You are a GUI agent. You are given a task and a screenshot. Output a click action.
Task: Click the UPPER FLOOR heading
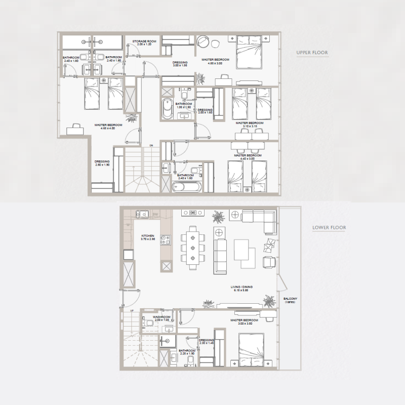pos(312,53)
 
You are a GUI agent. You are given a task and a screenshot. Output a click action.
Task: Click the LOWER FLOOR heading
pos(330,228)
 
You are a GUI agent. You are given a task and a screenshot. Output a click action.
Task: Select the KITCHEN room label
pos(147,236)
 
